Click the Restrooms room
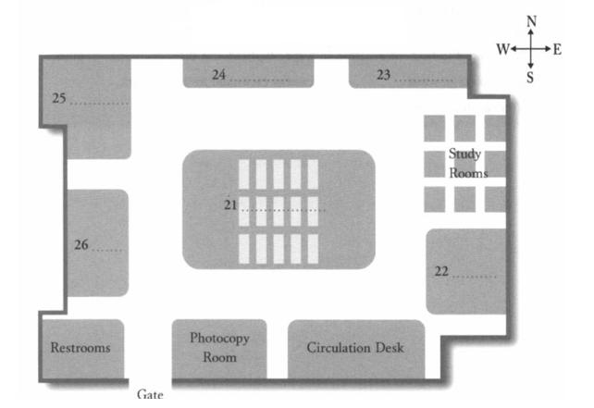tap(80, 349)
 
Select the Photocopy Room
tap(219, 348)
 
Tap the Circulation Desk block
tap(355, 348)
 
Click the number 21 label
tap(230, 204)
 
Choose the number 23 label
tap(383, 74)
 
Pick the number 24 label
tap(218, 74)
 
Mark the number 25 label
tap(58, 98)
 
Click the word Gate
tap(150, 394)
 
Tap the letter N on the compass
tap(531, 21)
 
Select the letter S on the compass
tap(530, 79)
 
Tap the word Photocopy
tap(219, 339)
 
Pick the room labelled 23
tap(403, 74)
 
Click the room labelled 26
tap(97, 243)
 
